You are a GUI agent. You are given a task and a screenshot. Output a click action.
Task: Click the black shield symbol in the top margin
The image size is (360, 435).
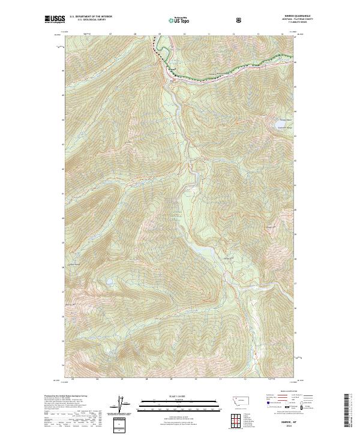pos(239,20)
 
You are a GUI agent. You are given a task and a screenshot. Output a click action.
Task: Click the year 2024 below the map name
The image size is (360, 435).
pos(280,427)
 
